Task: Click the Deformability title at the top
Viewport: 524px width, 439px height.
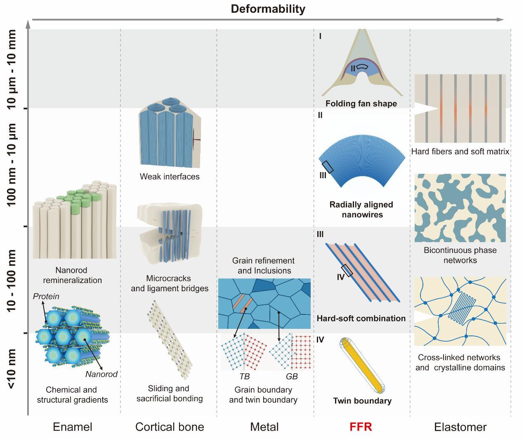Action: (268, 9)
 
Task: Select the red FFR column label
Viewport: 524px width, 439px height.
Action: (361, 427)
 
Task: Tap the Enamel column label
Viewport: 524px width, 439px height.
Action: (72, 427)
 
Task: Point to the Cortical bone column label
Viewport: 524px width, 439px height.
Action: (170, 427)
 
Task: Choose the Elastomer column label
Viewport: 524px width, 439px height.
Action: (460, 427)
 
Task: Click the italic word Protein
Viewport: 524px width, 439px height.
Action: (46, 296)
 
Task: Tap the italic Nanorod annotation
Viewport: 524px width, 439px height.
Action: (101, 374)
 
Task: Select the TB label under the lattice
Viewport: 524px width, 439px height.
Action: (244, 376)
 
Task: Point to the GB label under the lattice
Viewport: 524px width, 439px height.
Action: (292, 376)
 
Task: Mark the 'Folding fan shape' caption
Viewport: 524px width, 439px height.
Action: (361, 104)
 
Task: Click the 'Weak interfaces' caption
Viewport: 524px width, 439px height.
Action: (170, 177)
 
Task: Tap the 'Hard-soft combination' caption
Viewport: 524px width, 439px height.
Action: (361, 318)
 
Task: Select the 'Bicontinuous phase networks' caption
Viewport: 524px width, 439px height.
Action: (460, 255)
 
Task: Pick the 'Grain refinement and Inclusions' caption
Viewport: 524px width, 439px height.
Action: (263, 266)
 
